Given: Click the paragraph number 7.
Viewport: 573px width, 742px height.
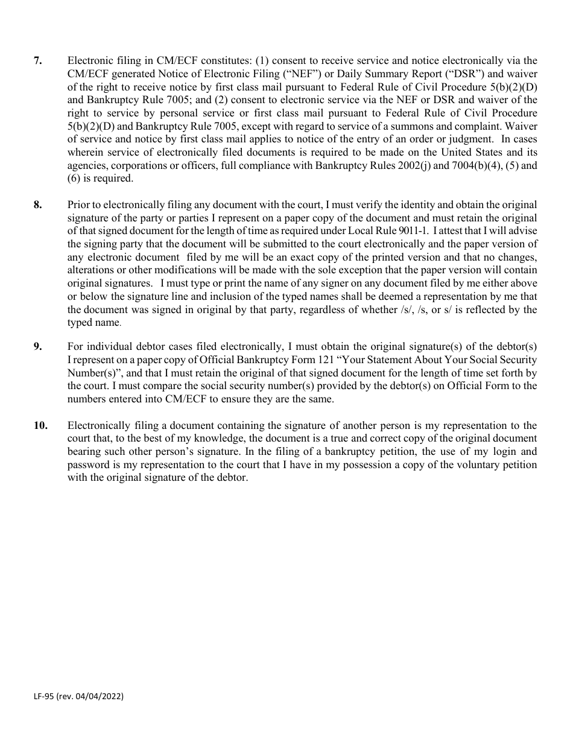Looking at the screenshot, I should point(37,60).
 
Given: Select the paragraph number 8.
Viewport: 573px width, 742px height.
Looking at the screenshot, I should point(37,205).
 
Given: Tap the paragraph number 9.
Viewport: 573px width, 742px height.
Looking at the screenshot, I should point(37,346).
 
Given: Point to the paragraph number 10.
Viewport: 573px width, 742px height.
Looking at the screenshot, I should point(40,425).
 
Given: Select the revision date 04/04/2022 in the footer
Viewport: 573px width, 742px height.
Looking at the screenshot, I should point(98,696).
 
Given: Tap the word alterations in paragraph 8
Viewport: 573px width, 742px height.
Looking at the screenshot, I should point(90,270).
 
